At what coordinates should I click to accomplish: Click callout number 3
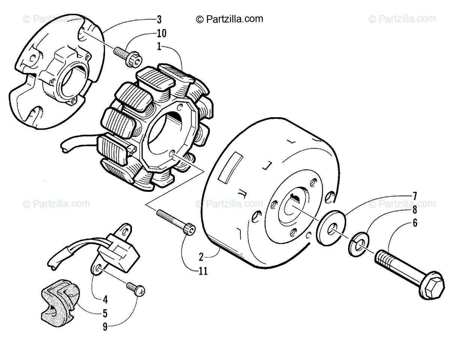pos(159,18)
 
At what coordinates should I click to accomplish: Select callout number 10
pos(161,33)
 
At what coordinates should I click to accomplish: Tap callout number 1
pos(159,48)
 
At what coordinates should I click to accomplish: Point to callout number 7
pos(415,196)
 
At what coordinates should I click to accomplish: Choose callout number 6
pos(415,223)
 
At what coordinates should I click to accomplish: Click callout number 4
pos(105,300)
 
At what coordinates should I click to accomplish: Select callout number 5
pos(105,312)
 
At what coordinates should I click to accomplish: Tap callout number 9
pos(105,327)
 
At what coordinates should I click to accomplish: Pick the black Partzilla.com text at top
pos(229,19)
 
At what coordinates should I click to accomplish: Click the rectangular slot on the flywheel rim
pos(229,167)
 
